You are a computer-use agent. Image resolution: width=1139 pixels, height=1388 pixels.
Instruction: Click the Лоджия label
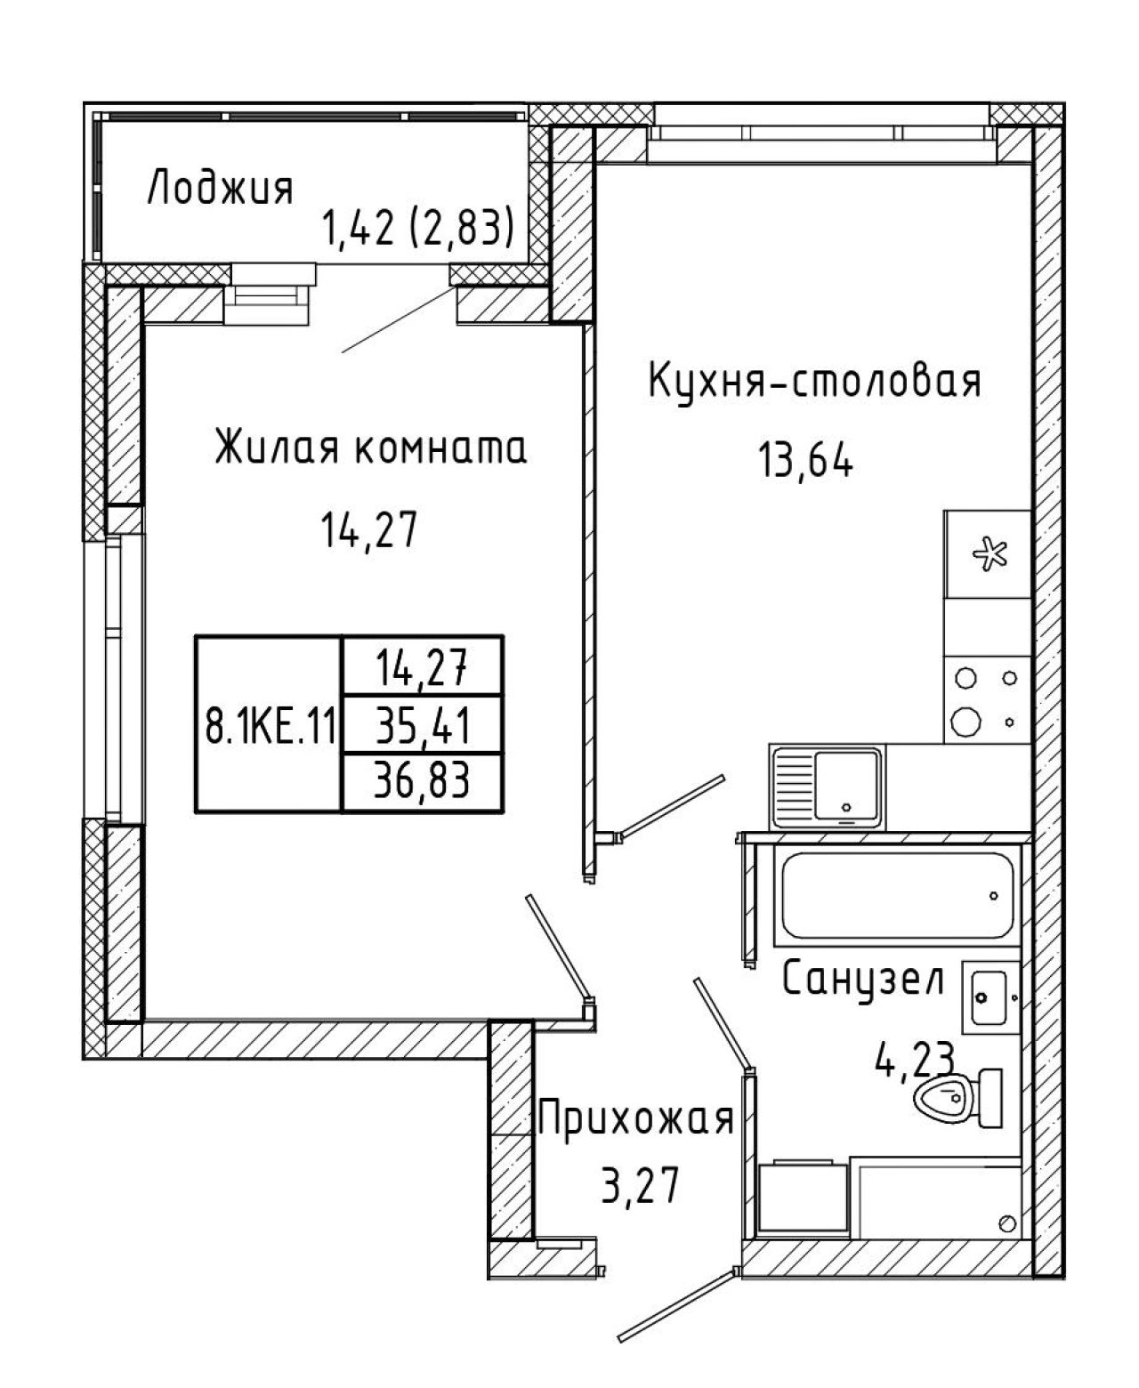(220, 189)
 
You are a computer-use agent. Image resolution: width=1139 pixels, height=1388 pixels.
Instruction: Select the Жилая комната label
(371, 448)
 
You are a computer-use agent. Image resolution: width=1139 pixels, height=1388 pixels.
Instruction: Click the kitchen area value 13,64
(806, 461)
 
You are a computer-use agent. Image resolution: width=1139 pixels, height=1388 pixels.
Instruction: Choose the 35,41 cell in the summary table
(423, 724)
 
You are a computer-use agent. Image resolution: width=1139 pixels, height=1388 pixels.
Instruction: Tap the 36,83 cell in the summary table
(423, 780)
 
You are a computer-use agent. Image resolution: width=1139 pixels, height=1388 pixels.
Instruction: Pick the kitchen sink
(828, 787)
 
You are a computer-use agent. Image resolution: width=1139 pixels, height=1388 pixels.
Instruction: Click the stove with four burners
(987, 699)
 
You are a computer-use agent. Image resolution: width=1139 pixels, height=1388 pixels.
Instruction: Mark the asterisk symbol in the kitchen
(990, 553)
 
